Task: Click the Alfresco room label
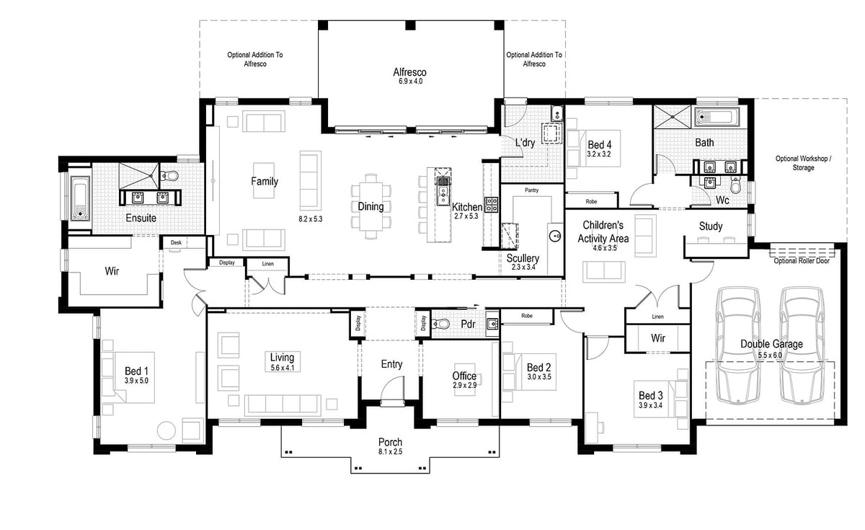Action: pyautogui.click(x=409, y=72)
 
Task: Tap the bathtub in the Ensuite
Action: pyautogui.click(x=79, y=194)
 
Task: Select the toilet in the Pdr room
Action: pyautogui.click(x=441, y=324)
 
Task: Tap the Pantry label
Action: pyautogui.click(x=532, y=190)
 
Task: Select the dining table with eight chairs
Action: pyautogui.click(x=371, y=206)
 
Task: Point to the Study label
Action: pyautogui.click(x=711, y=226)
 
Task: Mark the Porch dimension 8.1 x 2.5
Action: pyautogui.click(x=391, y=452)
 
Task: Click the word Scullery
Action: pyautogui.click(x=523, y=258)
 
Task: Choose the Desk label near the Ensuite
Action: pyautogui.click(x=176, y=243)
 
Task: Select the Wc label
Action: pyautogui.click(x=723, y=200)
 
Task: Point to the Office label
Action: pyautogui.click(x=464, y=376)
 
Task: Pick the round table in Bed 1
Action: pyautogui.click(x=167, y=430)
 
